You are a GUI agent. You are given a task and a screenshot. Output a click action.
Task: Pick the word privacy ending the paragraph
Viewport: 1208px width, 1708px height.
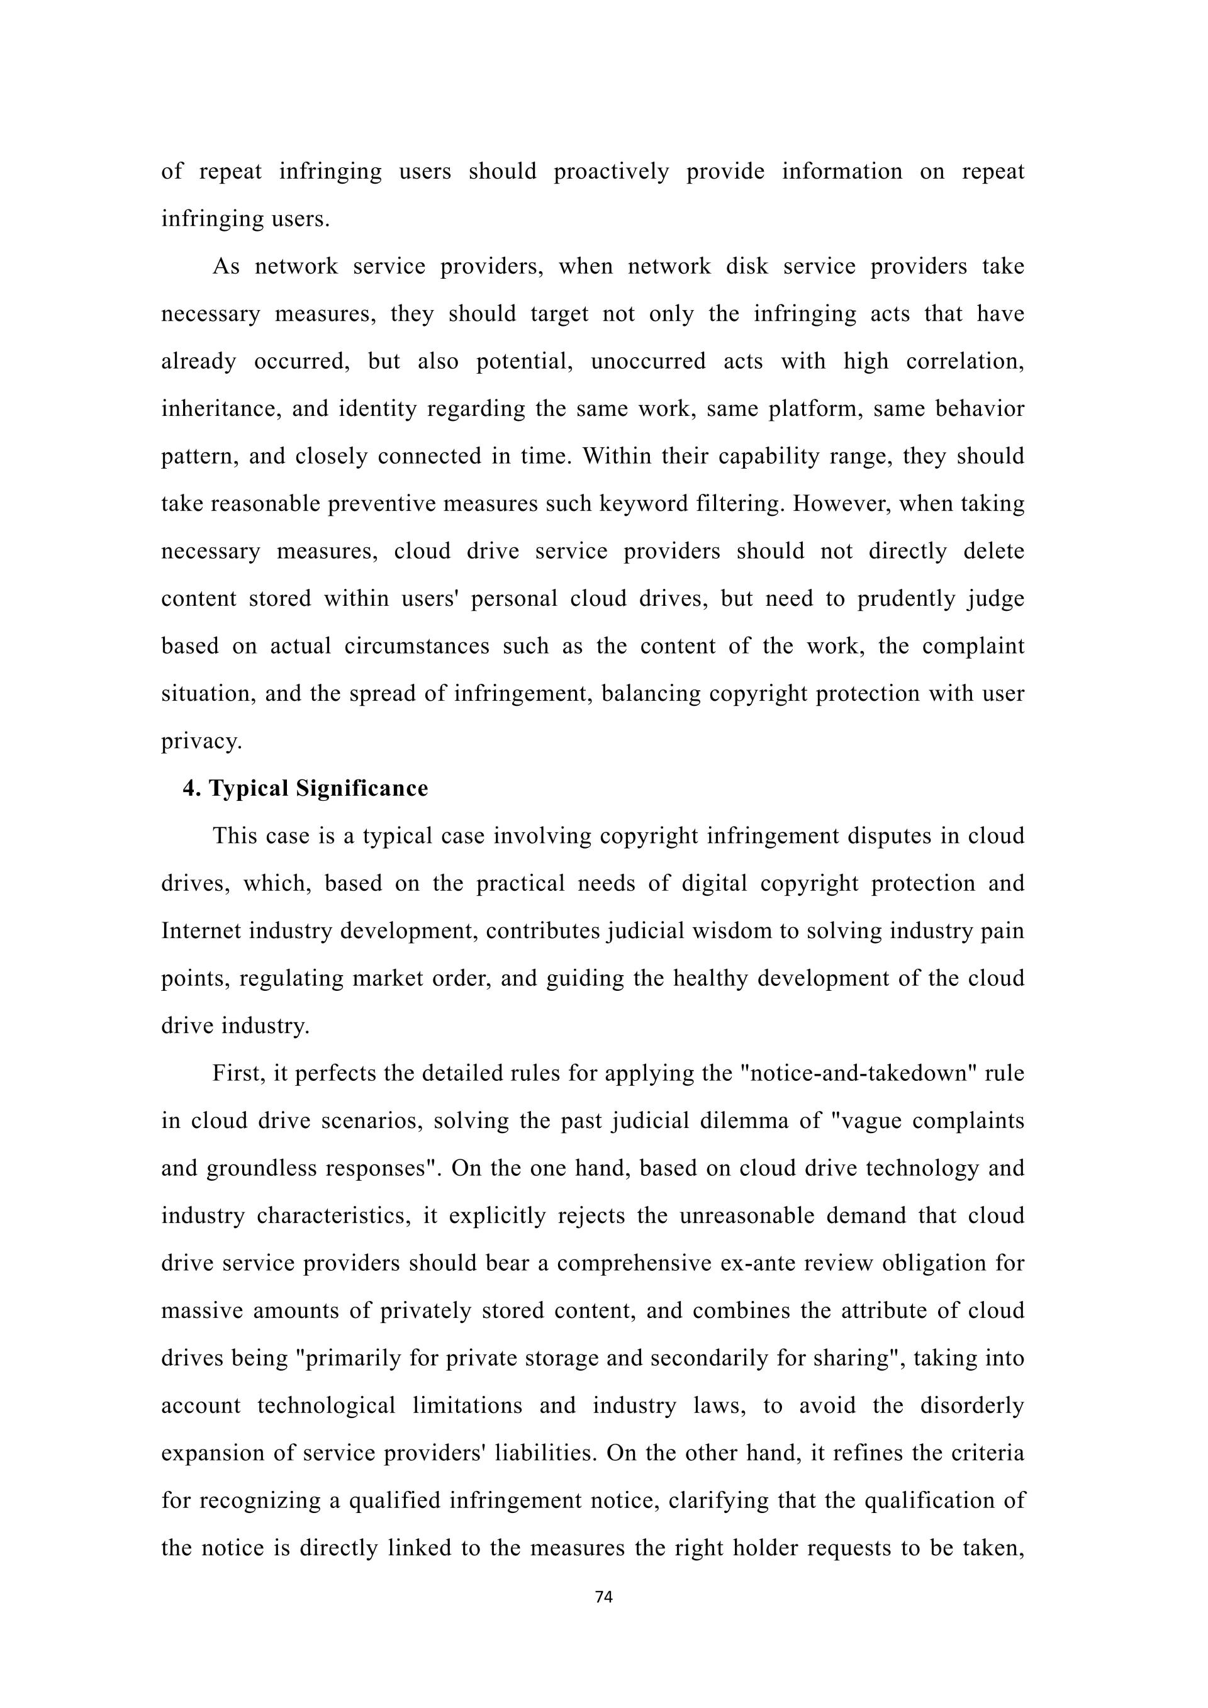coord(201,742)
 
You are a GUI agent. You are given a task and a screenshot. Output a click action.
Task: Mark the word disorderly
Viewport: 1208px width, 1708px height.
coord(971,1406)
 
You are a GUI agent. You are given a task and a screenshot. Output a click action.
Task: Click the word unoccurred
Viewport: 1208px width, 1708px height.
coord(648,362)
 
